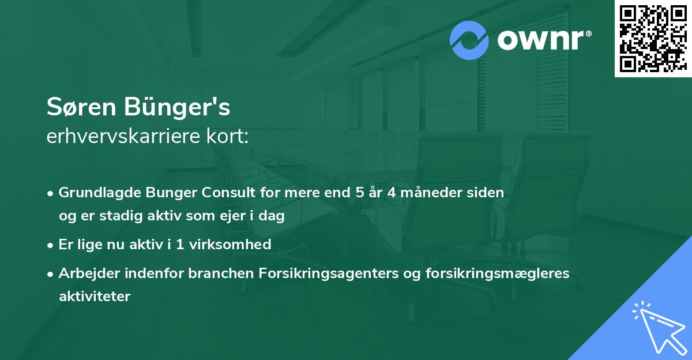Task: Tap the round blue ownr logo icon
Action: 470,40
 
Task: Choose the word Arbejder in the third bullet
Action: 84,273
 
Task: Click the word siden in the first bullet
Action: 488,193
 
